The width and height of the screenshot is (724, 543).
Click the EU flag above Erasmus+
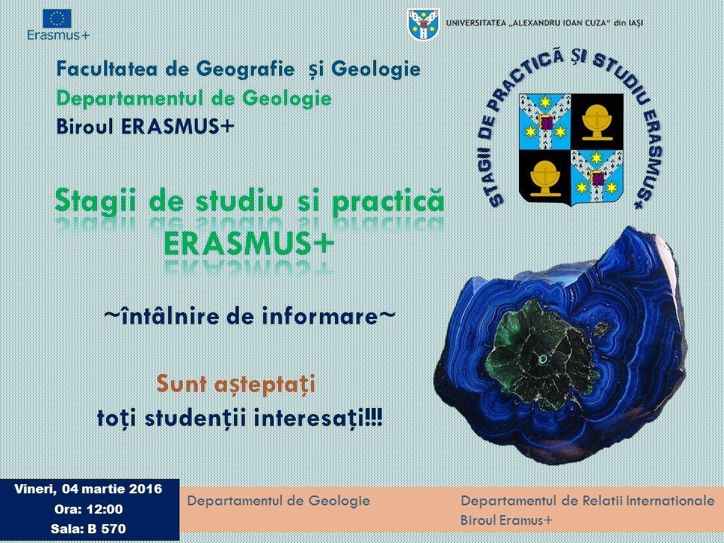(x=57, y=18)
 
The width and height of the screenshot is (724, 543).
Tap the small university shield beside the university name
(x=424, y=24)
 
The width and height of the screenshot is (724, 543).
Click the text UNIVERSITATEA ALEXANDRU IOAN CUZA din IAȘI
(x=545, y=23)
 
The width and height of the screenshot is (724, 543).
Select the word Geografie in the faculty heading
(x=245, y=69)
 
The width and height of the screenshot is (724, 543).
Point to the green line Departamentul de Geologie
(x=194, y=98)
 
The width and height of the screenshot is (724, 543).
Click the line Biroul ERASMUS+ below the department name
(x=146, y=127)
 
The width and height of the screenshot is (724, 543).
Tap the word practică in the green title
(x=388, y=202)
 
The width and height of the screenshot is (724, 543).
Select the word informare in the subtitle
(x=321, y=316)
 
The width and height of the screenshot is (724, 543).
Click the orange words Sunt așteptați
(x=236, y=384)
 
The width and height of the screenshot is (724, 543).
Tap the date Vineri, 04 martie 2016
(x=88, y=489)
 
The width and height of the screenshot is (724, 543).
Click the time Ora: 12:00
(x=89, y=509)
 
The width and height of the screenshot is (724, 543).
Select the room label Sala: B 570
(x=88, y=529)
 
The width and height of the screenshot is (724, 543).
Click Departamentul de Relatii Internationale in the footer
(x=587, y=501)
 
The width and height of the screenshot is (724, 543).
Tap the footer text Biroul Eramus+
(x=506, y=520)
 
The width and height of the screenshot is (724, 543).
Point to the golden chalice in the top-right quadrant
(x=597, y=121)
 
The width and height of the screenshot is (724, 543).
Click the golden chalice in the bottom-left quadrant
(x=545, y=178)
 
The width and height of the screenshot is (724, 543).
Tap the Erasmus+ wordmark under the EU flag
(x=58, y=35)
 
